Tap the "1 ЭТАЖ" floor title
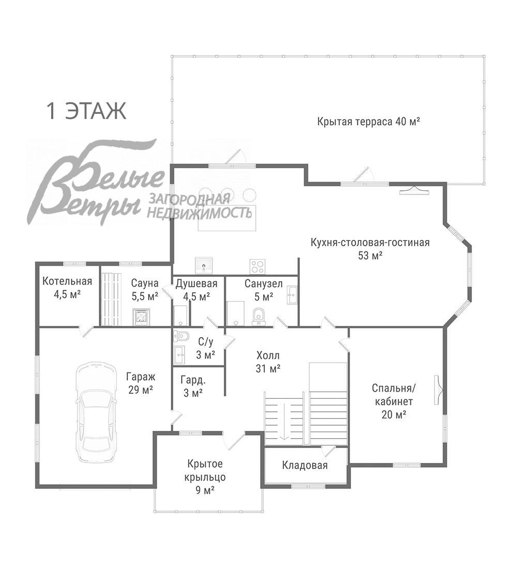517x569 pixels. (x=86, y=111)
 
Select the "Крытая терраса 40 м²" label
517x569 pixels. (x=369, y=121)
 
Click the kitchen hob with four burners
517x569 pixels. (x=257, y=266)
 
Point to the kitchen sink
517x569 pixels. (x=204, y=265)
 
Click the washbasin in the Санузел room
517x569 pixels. (x=293, y=295)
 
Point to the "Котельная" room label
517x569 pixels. (x=67, y=281)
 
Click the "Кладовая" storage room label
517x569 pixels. (x=305, y=466)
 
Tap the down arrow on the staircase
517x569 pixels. (x=284, y=421)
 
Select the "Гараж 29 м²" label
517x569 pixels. (x=140, y=383)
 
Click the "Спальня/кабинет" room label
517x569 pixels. (x=393, y=395)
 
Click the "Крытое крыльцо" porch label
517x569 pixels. (x=205, y=470)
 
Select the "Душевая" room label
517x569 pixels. (x=196, y=283)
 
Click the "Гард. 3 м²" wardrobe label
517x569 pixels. (x=193, y=386)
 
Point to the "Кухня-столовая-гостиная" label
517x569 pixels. (x=370, y=243)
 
